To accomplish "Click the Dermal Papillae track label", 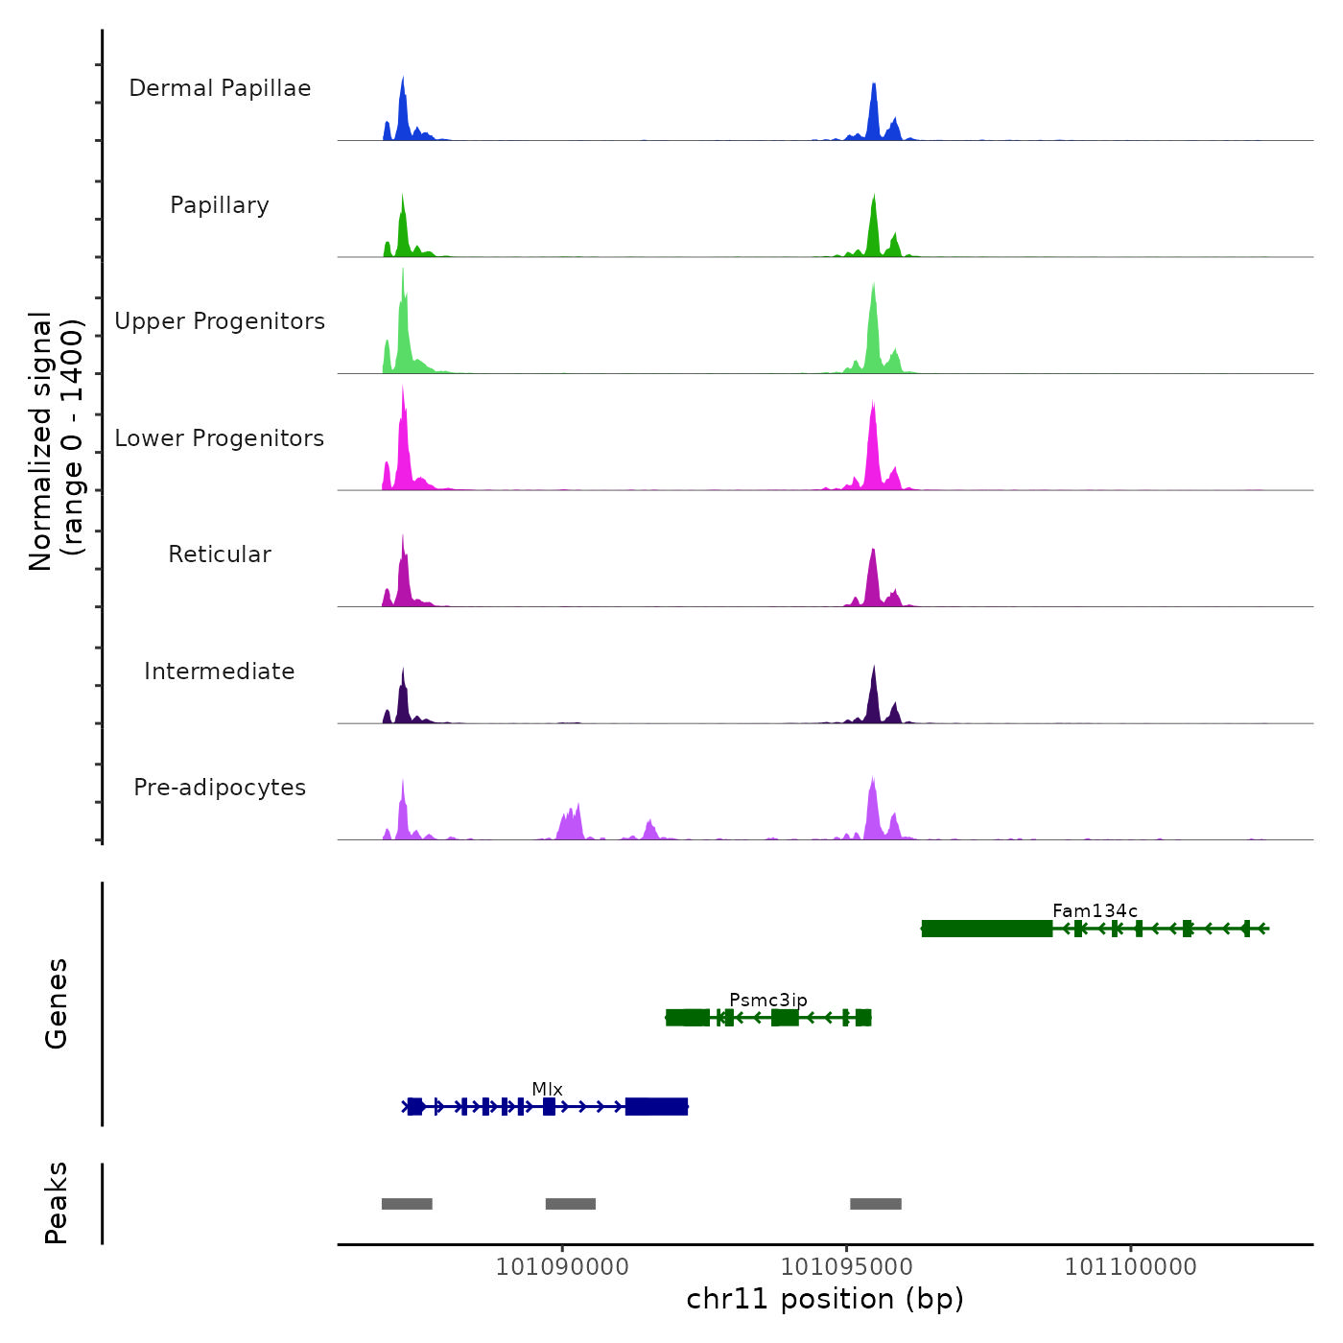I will click(x=220, y=88).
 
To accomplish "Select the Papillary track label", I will click(x=220, y=205).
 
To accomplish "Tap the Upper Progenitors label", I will click(x=220, y=321).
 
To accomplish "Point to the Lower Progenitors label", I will click(x=220, y=438).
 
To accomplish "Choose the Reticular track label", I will click(x=220, y=554).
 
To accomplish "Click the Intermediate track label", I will click(x=220, y=671).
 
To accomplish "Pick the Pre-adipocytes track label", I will click(x=220, y=788).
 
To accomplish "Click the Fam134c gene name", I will click(x=1095, y=910).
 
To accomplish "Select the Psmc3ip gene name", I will click(x=768, y=1001).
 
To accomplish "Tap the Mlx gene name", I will click(x=547, y=1089).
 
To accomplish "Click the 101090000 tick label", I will click(x=562, y=1267).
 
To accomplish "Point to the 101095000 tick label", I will click(x=846, y=1267).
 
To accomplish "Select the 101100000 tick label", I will click(x=1131, y=1267).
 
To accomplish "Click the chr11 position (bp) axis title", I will click(x=825, y=1299).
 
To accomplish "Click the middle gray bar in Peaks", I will click(x=571, y=1204).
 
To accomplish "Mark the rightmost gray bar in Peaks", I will click(x=876, y=1204).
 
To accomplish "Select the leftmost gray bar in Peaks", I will click(x=407, y=1204).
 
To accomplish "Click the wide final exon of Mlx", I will click(x=657, y=1107).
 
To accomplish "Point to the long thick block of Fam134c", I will click(x=987, y=929).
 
